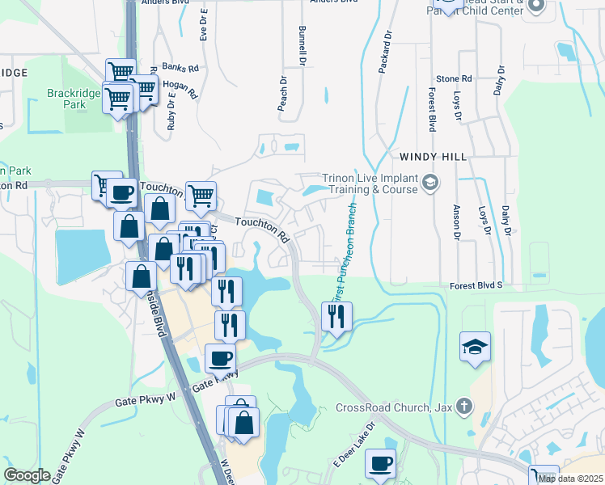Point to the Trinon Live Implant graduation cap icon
(x=429, y=183)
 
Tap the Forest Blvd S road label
(x=476, y=285)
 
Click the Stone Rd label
(x=454, y=79)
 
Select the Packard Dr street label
(x=386, y=53)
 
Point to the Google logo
(x=27, y=474)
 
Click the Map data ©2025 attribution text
(x=569, y=479)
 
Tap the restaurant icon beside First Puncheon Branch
(x=336, y=316)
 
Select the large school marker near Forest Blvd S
(x=476, y=348)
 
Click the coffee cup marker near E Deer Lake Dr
(x=380, y=465)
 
